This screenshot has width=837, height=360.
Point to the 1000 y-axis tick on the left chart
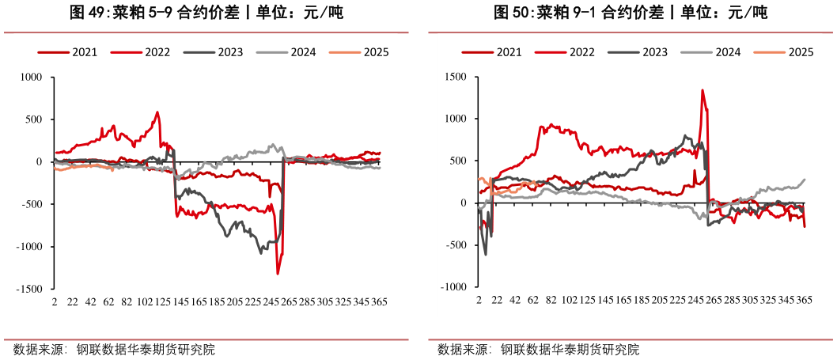(x=31, y=78)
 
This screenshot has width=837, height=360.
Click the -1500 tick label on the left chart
(x=29, y=289)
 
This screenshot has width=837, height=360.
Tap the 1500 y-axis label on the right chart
(x=455, y=78)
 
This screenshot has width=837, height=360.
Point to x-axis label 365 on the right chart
(x=805, y=302)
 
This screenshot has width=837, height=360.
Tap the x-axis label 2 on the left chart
(x=55, y=302)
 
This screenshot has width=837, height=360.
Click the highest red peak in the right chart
(x=702, y=90)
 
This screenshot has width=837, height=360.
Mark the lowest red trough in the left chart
(x=278, y=274)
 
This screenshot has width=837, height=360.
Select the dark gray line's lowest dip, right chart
(x=486, y=254)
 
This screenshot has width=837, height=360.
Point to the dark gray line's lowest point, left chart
(x=261, y=253)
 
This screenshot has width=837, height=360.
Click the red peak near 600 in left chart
(x=157, y=112)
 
